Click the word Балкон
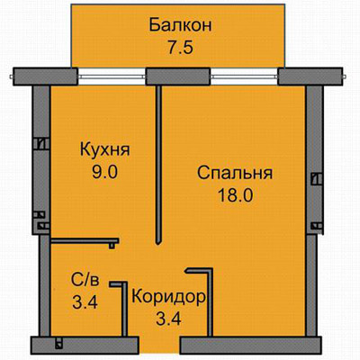[180, 25]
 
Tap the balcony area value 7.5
[180, 48]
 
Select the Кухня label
[104, 149]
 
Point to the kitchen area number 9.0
[104, 172]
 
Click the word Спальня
[235, 173]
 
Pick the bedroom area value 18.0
[236, 195]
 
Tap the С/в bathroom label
[85, 280]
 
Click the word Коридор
[169, 297]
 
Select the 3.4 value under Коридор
[168, 319]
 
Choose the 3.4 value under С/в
[85, 302]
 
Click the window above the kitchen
[112, 76]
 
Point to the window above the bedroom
[244, 76]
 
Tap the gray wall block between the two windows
[177, 76]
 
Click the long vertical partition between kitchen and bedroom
[159, 165]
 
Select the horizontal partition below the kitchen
[85, 241]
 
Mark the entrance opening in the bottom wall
[159, 345]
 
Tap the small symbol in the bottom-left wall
[59, 343]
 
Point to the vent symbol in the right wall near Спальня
[316, 178]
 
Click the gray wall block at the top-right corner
[310, 76]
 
